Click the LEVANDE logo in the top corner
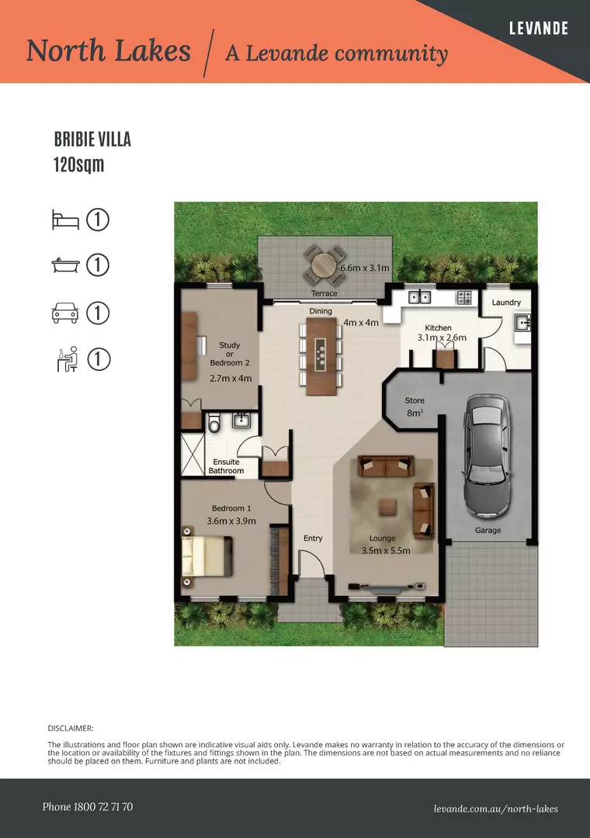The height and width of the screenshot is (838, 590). tap(538, 28)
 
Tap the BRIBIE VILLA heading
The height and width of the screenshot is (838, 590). tap(92, 140)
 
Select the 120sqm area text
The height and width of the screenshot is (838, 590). tap(78, 164)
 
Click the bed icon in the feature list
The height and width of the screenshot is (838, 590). tap(65, 220)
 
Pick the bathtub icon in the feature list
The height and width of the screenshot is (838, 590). tap(65, 265)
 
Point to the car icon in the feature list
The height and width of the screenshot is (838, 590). tap(65, 313)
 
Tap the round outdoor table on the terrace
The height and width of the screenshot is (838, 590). tap(324, 265)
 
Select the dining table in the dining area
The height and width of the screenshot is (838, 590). tap(321, 356)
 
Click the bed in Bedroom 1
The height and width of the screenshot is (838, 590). tap(207, 556)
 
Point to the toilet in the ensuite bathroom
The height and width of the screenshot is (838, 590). tap(214, 422)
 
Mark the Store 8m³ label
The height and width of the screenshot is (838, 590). tap(415, 407)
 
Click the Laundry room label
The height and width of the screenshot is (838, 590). tap(506, 303)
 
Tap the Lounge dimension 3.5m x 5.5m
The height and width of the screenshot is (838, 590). tap(386, 550)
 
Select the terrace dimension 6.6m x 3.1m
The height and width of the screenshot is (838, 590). tap(365, 268)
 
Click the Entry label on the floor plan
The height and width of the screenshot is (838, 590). tap(313, 538)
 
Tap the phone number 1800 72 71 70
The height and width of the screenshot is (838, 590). tap(102, 807)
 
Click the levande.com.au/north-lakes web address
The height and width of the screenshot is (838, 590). tap(496, 809)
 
